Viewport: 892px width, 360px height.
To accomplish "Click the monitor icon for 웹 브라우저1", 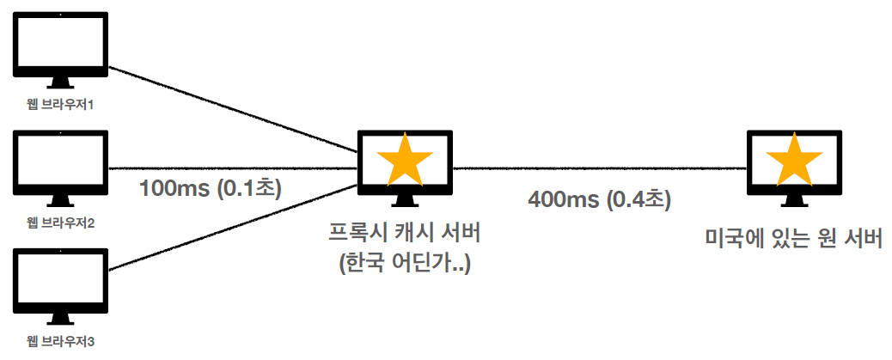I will (x=60, y=43).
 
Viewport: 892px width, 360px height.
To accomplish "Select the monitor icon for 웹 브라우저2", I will (x=60, y=161).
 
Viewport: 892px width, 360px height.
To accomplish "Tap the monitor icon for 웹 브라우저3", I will (x=60, y=280).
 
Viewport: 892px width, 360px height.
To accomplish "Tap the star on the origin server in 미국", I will (x=793, y=162).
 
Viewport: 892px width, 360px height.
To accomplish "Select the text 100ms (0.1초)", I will (x=211, y=187).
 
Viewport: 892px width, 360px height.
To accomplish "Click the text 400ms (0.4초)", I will (x=599, y=200).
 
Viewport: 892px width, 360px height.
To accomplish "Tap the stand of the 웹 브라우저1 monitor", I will (x=60, y=82).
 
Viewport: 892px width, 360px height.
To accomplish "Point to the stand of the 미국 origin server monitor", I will (x=793, y=202).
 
